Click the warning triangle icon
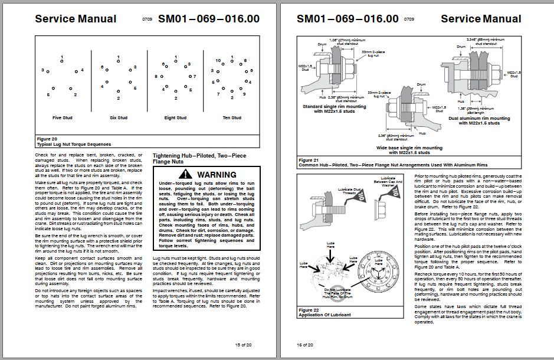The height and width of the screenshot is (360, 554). pos(185,174)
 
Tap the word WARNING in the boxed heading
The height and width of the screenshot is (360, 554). pos(217,175)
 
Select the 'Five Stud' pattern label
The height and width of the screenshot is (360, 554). pos(62,117)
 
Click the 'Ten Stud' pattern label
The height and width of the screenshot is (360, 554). pos(232,117)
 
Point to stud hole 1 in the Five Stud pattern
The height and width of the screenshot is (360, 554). pos(62,62)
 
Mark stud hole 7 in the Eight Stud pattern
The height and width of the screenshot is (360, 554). pos(189,77)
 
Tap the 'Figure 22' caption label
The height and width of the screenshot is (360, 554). pos(310,310)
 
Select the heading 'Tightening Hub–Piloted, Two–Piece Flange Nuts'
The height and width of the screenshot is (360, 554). pos(199,158)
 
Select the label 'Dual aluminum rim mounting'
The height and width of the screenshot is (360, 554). pos(479,119)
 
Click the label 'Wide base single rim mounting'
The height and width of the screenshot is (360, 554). pos(409,148)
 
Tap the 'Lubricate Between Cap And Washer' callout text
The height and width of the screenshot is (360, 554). pos(388,181)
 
